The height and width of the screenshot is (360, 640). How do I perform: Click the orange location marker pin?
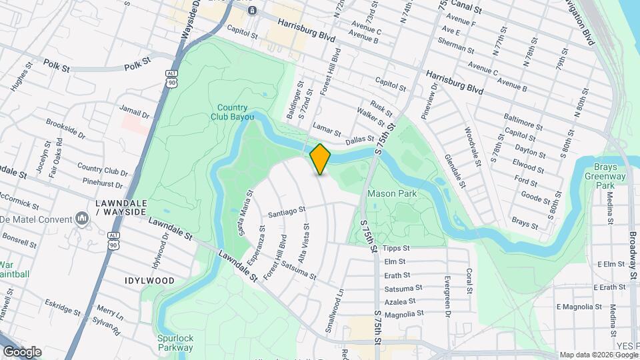pos(321,159)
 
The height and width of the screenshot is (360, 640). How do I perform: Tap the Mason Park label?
pos(391,194)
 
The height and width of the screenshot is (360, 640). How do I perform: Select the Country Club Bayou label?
pos(233,112)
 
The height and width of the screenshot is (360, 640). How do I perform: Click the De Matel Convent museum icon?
pos(83,218)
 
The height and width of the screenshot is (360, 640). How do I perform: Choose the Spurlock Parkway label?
pos(175,342)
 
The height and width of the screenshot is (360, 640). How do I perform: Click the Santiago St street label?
pos(287,212)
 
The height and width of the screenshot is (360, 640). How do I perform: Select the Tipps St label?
pos(396,248)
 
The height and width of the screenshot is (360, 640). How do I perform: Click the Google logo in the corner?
pos(22,351)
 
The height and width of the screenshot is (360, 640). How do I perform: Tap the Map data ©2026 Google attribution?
pos(598,355)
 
